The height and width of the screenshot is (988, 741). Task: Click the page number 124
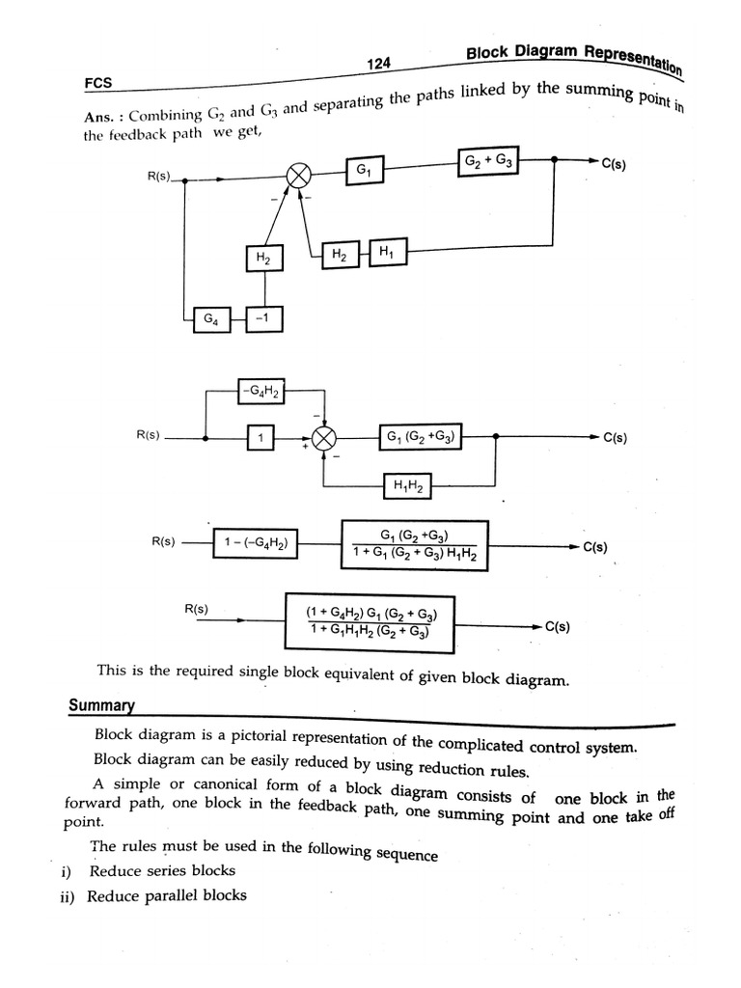pyautogui.click(x=378, y=64)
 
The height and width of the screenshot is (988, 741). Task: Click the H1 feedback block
pyautogui.click(x=386, y=253)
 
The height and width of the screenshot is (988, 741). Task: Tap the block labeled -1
pyautogui.click(x=264, y=316)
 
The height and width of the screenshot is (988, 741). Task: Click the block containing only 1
pyautogui.click(x=259, y=439)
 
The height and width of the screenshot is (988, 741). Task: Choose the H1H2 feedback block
pyautogui.click(x=406, y=486)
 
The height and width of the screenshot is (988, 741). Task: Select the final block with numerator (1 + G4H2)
pyautogui.click(x=369, y=622)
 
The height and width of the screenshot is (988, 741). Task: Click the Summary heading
pyautogui.click(x=100, y=706)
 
